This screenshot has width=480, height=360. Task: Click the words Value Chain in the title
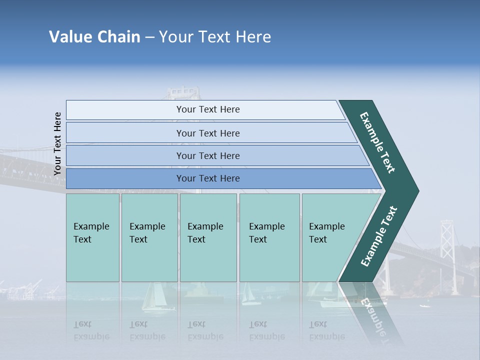pyautogui.click(x=94, y=37)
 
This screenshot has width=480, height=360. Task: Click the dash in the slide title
pyautogui.click(x=149, y=37)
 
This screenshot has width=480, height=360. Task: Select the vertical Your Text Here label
pyautogui.click(x=57, y=143)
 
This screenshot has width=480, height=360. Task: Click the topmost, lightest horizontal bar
pyautogui.click(x=205, y=109)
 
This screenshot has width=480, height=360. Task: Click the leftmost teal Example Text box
pyautogui.click(x=92, y=237)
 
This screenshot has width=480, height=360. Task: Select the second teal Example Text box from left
pyautogui.click(x=149, y=237)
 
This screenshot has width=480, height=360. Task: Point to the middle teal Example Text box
pyautogui.click(x=208, y=237)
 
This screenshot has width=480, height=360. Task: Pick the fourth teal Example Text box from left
pyautogui.click(x=269, y=237)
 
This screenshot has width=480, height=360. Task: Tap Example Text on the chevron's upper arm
pyautogui.click(x=377, y=142)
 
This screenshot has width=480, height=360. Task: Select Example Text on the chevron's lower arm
pyautogui.click(x=378, y=236)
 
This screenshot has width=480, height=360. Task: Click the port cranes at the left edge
pyautogui.click(x=22, y=290)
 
